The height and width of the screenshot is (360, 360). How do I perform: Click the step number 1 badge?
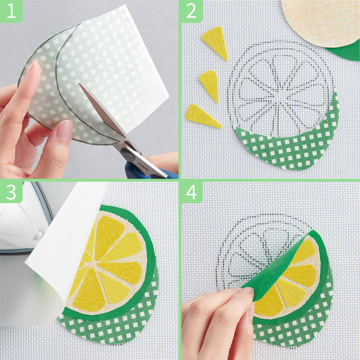(11, 11)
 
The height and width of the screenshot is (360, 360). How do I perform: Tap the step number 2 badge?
(191, 11)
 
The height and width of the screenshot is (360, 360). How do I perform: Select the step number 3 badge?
(11, 192)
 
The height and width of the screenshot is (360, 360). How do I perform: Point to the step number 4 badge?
(191, 192)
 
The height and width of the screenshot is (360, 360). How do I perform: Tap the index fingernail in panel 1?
(31, 68)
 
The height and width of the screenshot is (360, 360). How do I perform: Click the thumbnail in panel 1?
(64, 130)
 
